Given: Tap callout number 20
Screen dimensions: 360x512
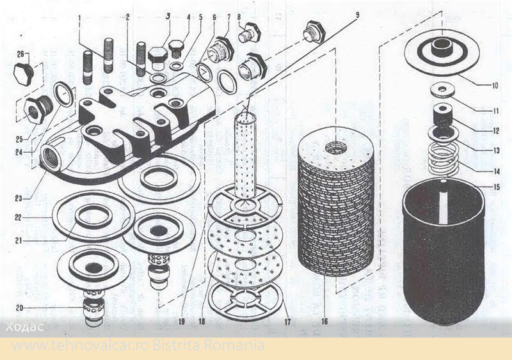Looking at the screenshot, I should pos(20,308).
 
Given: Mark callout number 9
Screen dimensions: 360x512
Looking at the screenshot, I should pos(357,14).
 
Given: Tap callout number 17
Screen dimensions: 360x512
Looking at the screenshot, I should pos(286,321).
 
